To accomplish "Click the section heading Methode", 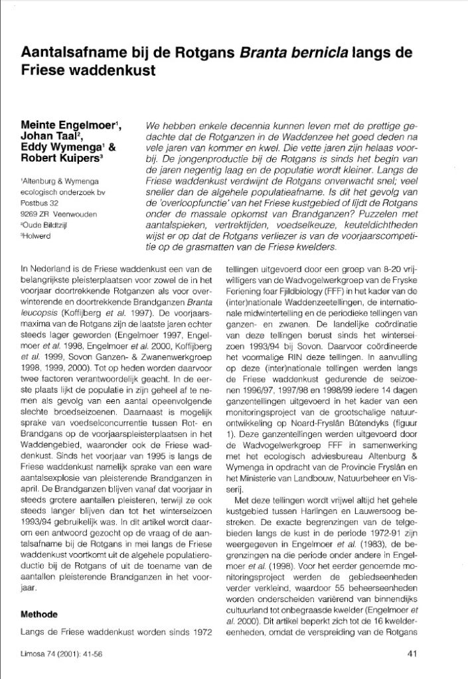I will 44,615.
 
